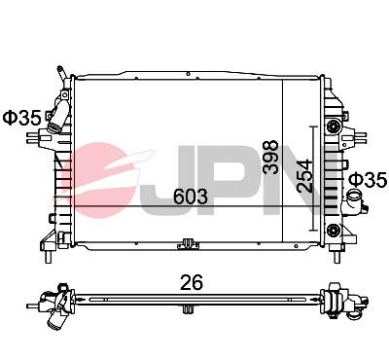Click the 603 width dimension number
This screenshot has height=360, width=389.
tap(191, 196)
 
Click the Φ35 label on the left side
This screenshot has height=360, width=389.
tap(21, 118)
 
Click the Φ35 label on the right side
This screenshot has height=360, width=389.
tap(368, 180)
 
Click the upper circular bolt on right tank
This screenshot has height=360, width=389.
tap(335, 126)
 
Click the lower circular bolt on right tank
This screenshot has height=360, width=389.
tap(335, 229)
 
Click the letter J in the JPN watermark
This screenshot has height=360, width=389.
tap(182, 175)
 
